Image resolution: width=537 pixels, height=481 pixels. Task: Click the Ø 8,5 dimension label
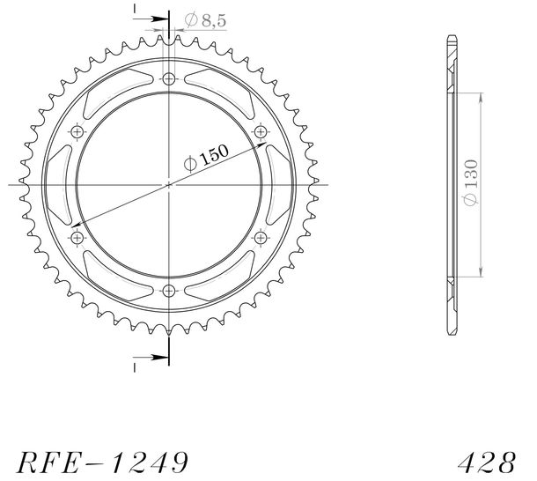coord(205,20)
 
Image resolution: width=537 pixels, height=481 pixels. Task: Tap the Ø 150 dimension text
coord(206,158)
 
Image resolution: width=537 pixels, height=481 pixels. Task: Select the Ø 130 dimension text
coord(471,182)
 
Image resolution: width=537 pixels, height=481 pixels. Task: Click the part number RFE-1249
coord(102,462)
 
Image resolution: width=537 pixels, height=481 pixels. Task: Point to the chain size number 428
coord(487,462)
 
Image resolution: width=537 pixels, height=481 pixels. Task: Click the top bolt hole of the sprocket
coord(168,79)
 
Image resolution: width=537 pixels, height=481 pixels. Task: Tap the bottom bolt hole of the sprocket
coord(168,291)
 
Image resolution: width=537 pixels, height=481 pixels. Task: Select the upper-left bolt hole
coord(77,131)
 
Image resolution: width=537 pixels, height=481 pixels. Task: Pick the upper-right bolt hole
coord(261,131)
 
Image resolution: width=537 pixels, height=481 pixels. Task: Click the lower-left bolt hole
coord(77,237)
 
